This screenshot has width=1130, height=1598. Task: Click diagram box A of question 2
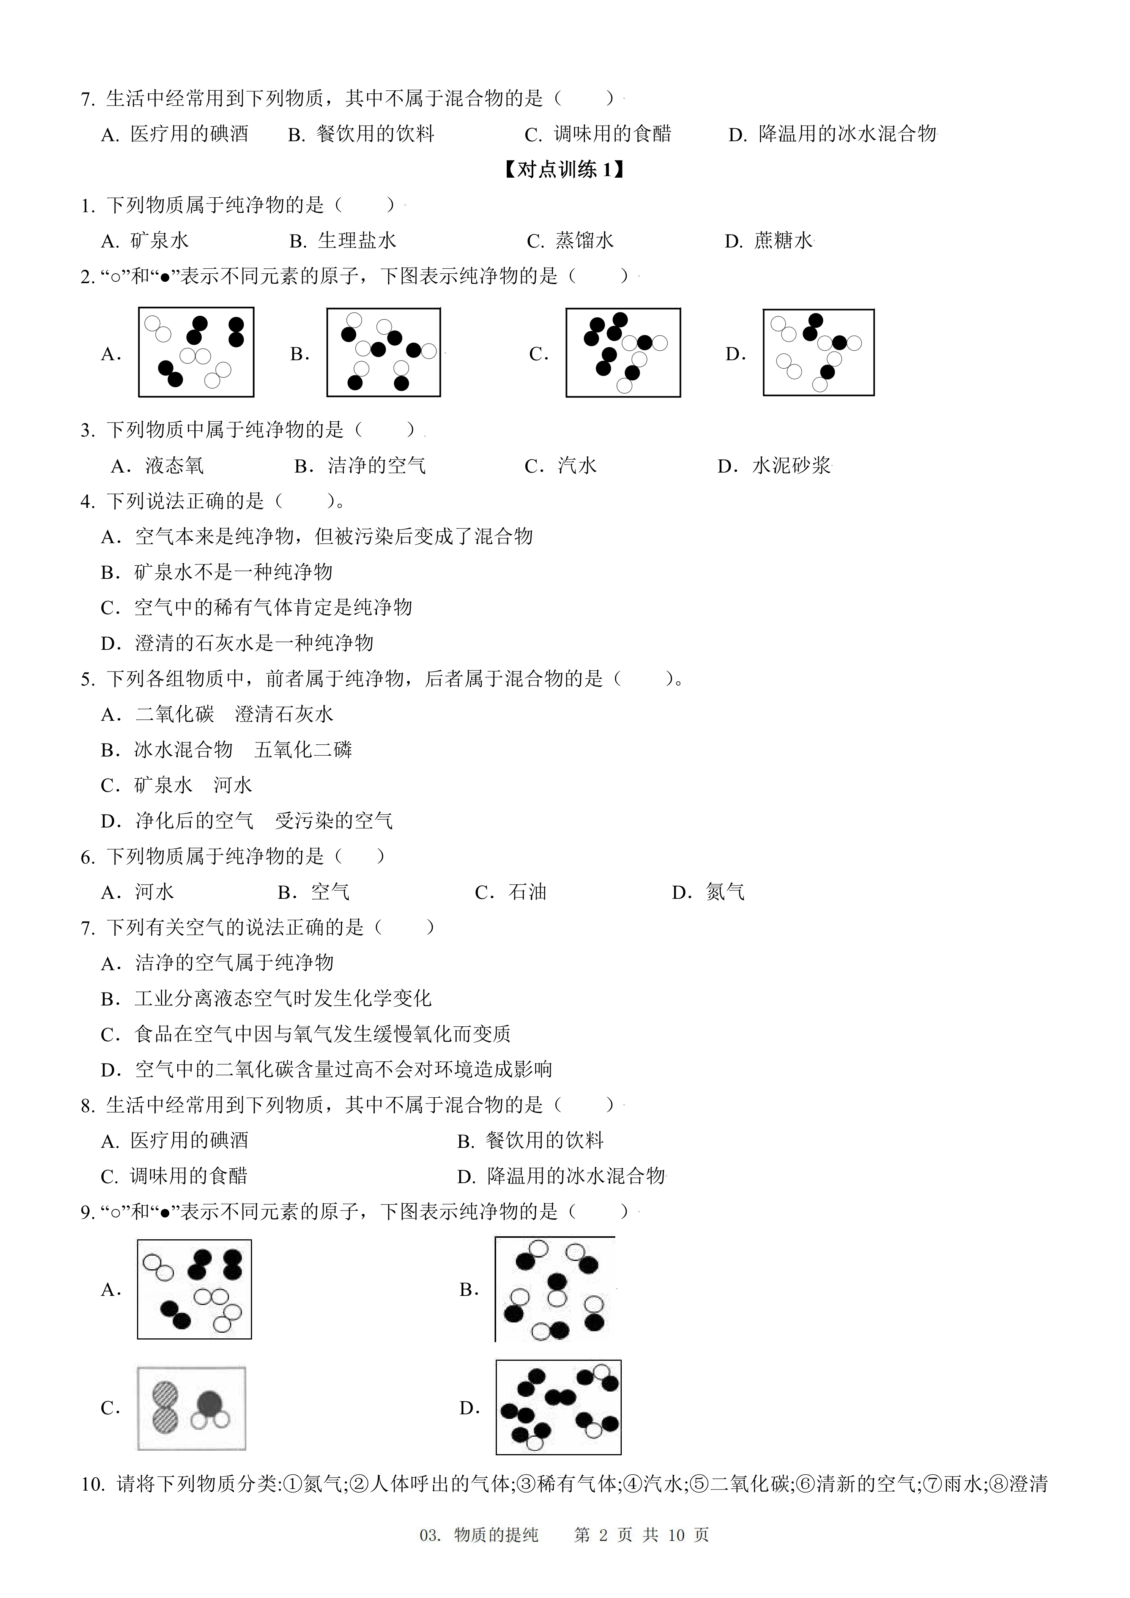[196, 352]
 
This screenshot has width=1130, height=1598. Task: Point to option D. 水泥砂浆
[774, 466]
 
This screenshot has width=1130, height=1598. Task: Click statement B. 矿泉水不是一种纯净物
[217, 572]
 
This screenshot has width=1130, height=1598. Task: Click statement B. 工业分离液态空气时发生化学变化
[266, 999]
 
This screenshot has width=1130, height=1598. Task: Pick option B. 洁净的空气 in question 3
[361, 466]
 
